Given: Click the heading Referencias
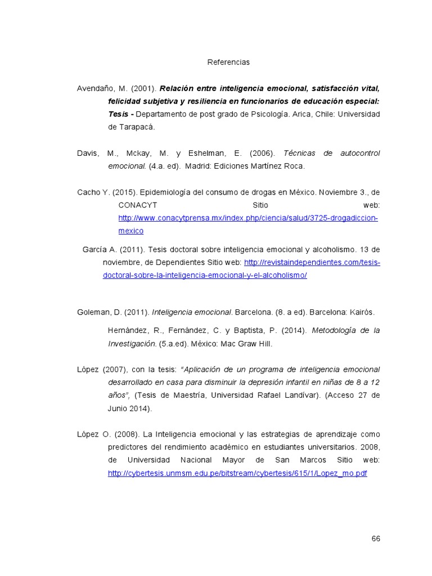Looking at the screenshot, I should coord(228,62).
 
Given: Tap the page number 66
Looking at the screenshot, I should coord(376,538).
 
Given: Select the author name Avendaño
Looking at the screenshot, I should coord(94,88).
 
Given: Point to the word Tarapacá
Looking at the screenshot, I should coord(135,127).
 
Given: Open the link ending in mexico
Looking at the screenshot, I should coord(130,231).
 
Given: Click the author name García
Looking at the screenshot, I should coord(95,249).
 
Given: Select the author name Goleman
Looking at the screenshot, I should coord(92,312).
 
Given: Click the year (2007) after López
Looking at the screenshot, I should coord(115,370).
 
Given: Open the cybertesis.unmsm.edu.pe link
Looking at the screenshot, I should coord(237,474).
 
